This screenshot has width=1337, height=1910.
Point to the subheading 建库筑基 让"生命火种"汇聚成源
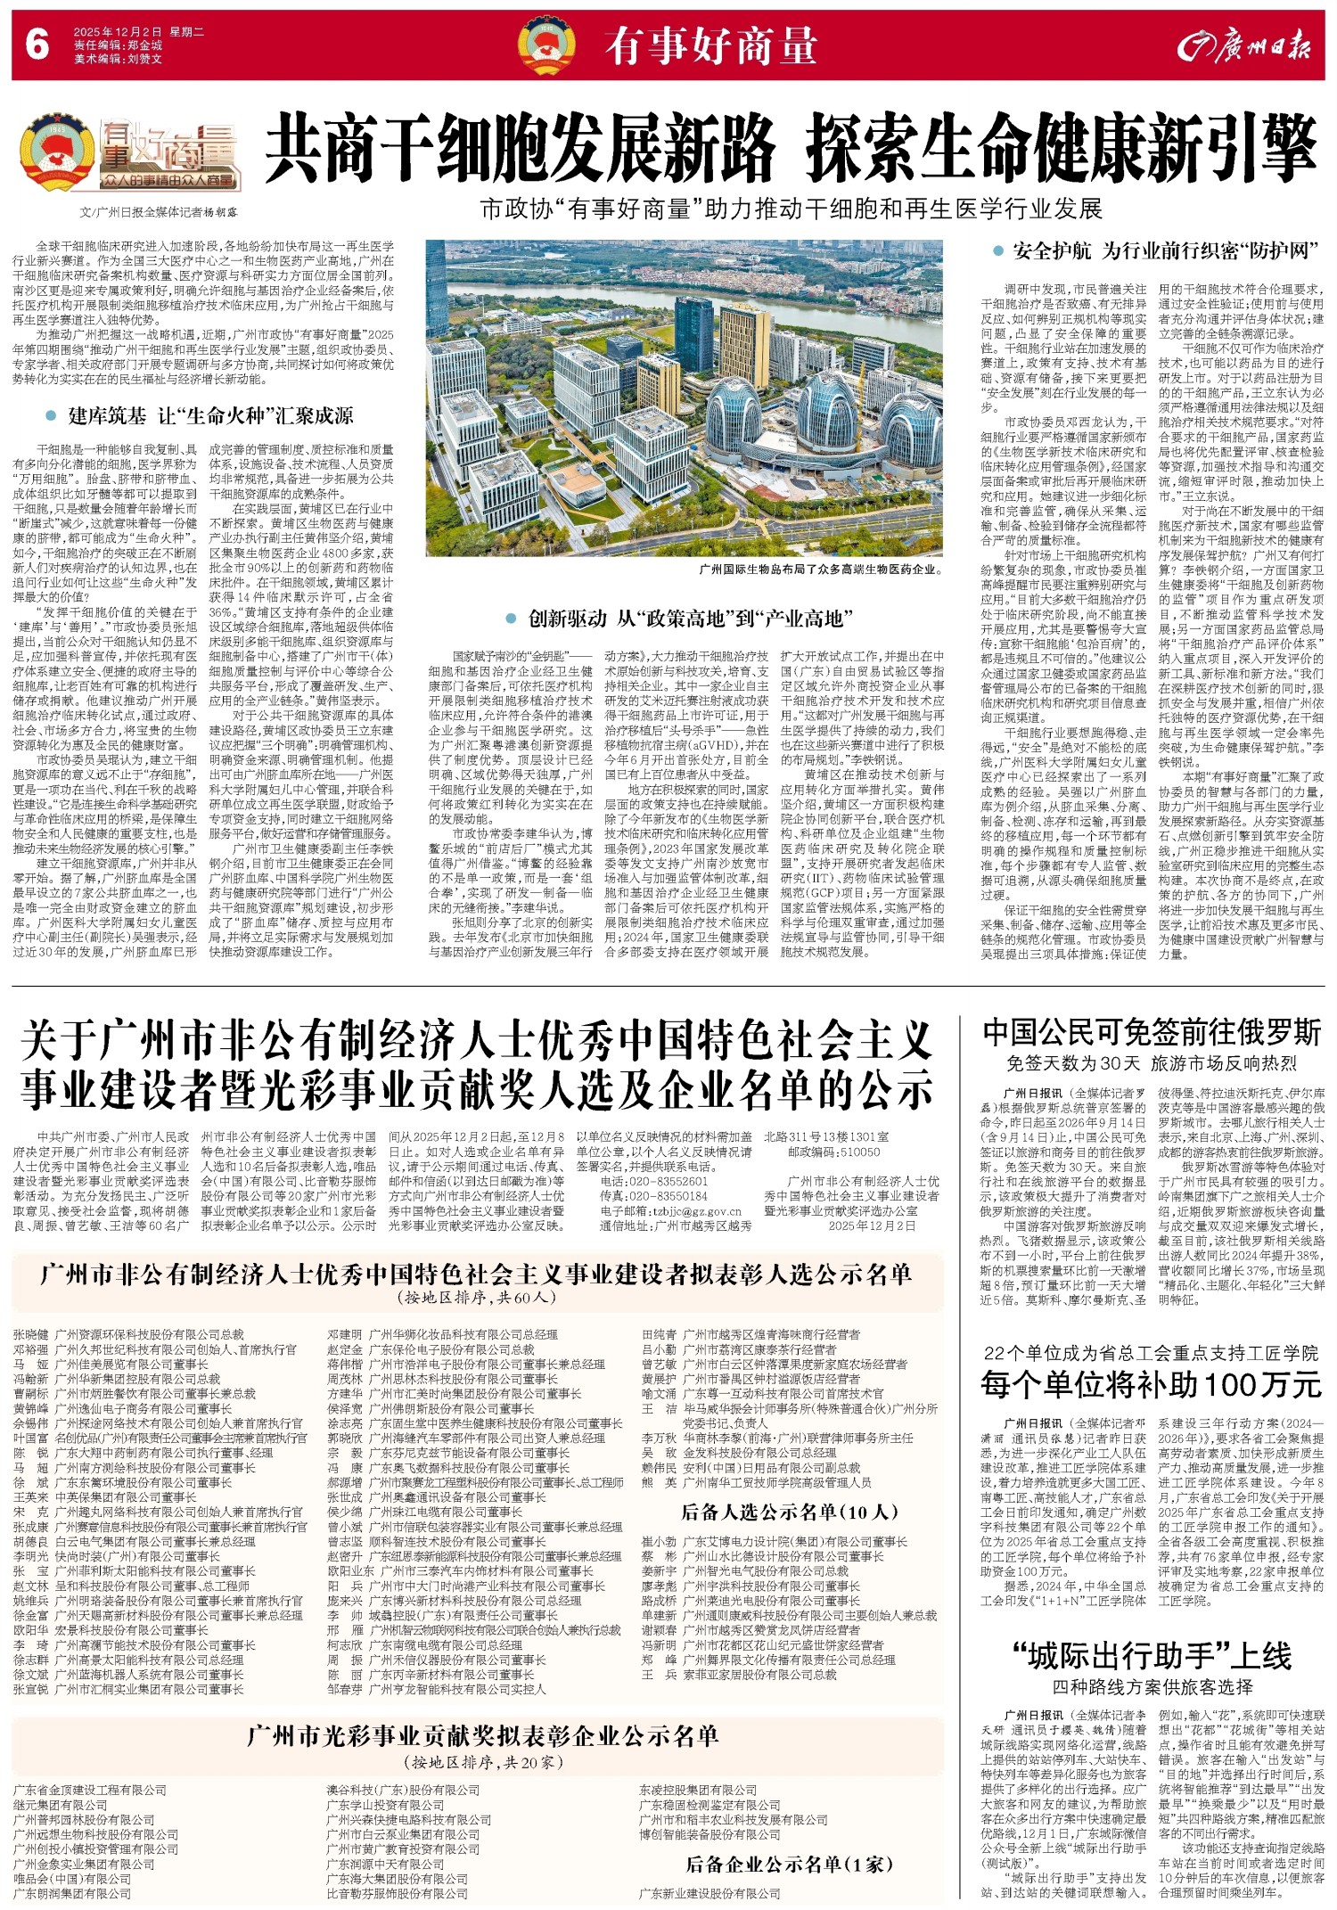click(210, 415)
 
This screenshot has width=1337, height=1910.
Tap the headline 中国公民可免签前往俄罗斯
click(1152, 1033)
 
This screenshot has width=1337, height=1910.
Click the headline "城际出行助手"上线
click(1152, 1656)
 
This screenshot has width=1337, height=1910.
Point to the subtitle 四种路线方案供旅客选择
click(1152, 1687)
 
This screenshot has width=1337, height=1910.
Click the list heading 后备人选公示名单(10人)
click(790, 1511)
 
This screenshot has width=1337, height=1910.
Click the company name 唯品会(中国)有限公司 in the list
click(72, 1878)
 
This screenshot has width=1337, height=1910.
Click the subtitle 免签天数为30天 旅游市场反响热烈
click(1152, 1063)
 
